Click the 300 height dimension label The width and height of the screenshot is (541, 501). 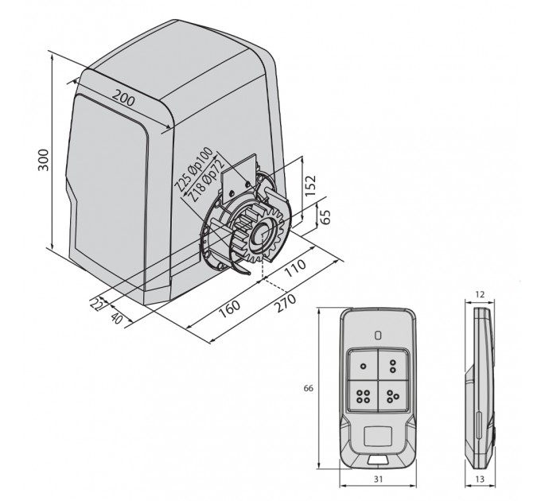point(44,160)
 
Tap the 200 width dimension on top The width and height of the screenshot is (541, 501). point(124,98)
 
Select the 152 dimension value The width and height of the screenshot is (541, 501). point(310,185)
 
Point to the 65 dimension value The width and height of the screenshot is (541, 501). point(325,217)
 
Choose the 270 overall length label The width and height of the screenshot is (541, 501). point(285,302)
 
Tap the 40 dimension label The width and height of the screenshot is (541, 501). point(117,318)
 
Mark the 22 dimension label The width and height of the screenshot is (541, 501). point(96,304)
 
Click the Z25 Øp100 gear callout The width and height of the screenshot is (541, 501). point(193,169)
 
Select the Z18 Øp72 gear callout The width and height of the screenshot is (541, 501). point(206,182)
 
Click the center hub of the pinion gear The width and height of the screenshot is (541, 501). point(262,233)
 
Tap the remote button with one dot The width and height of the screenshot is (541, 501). point(363,366)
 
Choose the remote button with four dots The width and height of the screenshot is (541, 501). point(363,396)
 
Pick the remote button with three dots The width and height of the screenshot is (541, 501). point(393,396)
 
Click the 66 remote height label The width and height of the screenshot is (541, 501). point(308,388)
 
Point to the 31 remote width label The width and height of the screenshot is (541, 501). point(378,479)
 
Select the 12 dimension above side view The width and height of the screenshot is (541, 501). point(480,294)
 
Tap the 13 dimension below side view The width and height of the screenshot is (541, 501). point(480,479)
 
